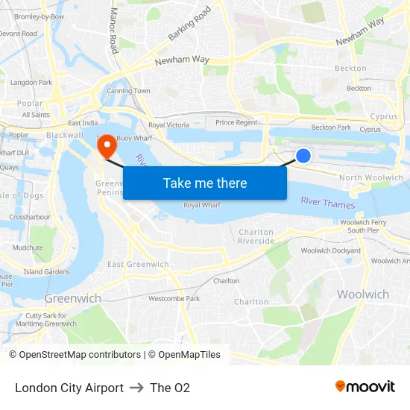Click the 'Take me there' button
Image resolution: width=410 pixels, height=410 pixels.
205,183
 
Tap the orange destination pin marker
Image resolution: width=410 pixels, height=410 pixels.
107,145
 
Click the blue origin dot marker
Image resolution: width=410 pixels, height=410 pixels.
303,155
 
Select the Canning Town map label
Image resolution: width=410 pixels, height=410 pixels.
128,91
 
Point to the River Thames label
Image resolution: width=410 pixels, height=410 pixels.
328,203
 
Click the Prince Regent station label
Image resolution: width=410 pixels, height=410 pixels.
236,122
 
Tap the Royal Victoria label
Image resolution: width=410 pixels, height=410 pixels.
168,125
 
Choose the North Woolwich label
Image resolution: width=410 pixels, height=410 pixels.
370,177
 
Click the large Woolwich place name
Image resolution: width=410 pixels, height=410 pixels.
363,294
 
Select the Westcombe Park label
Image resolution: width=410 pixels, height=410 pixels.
174,298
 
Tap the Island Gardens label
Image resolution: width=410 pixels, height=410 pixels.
47,272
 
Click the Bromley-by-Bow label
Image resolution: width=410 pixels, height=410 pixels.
39,16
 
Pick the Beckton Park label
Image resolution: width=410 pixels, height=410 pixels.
331,127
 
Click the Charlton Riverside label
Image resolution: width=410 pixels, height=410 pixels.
256,237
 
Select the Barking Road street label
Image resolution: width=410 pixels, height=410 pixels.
189,23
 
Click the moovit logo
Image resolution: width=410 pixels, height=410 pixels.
365,387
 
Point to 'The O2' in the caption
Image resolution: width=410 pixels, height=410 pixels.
170,388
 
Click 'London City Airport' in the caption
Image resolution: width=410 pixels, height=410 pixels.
69,388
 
